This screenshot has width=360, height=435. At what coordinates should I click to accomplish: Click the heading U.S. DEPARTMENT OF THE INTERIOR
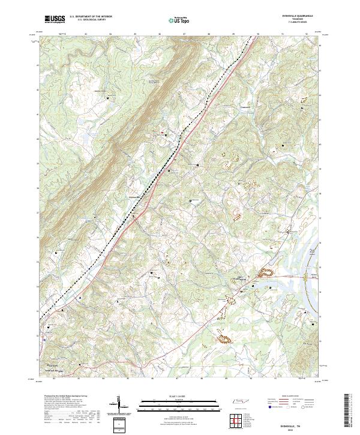tap(91, 17)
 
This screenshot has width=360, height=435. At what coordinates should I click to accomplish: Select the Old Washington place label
tap(243, 278)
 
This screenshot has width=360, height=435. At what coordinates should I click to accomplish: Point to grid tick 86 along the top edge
tap(160, 35)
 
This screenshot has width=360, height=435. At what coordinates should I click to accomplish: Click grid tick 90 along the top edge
tap(258, 35)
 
